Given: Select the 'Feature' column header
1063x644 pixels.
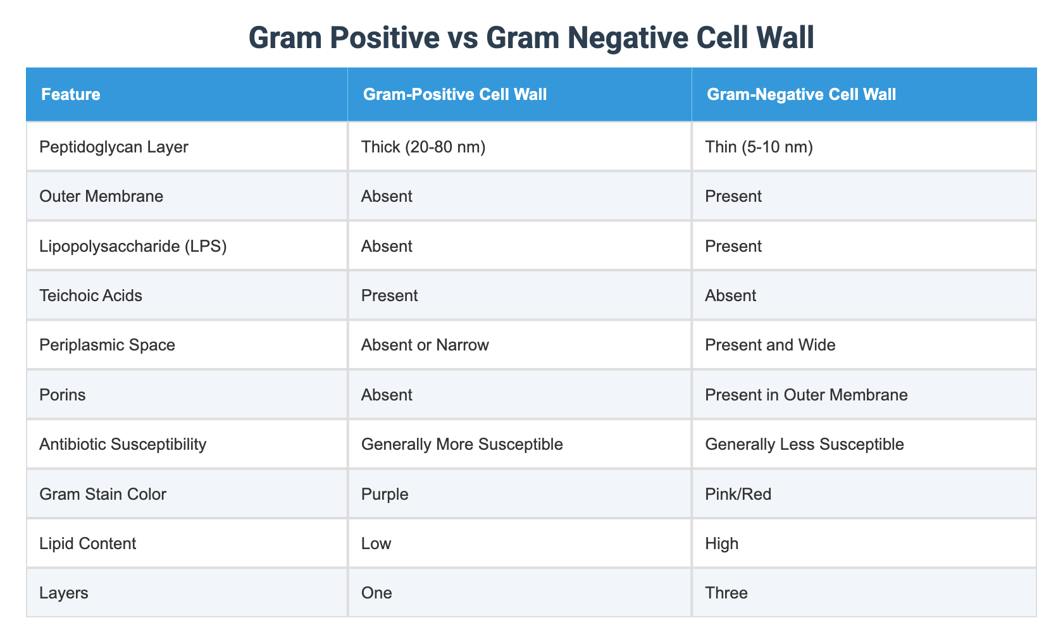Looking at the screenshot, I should (71, 95).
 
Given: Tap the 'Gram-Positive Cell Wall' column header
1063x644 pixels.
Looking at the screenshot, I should (454, 95).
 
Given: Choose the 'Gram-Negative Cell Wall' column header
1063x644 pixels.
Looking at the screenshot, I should (801, 95).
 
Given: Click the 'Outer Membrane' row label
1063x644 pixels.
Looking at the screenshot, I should (101, 196).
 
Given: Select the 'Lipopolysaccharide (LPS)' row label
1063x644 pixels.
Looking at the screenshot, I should (133, 245).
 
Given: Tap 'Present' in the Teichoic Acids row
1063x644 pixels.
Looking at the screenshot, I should (390, 295).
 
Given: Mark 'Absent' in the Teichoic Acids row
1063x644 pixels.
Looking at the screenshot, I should (731, 295).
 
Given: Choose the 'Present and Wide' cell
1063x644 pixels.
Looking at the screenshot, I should (761, 345).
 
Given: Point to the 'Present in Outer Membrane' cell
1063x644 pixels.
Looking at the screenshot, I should (807, 395).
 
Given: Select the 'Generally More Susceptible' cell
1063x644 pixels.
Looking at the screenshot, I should (462, 444).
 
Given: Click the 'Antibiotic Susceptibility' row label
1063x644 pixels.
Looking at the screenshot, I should (123, 444).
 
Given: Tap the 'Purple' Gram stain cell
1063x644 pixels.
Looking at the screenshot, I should (385, 493).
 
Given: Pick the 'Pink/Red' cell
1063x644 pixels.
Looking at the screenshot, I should (738, 493).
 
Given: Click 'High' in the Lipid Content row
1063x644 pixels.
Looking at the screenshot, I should (722, 543).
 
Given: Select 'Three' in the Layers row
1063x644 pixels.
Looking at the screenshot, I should (726, 593).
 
